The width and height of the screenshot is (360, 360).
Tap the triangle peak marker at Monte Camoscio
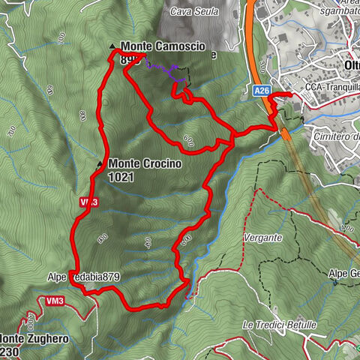click(112, 46)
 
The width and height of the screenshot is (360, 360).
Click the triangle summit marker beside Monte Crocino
click(99, 163)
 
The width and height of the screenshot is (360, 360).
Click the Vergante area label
click(262, 237)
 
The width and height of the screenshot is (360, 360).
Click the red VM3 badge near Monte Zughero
click(52, 301)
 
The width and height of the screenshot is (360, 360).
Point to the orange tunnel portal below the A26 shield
click(286, 133)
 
